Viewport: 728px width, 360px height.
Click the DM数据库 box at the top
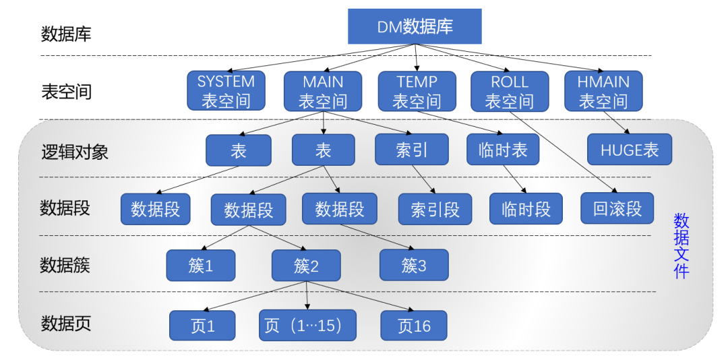(x=415, y=26)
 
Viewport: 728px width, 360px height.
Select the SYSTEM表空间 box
(x=226, y=91)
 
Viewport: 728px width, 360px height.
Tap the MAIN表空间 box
(x=322, y=91)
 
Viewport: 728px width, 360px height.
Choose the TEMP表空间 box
(x=417, y=91)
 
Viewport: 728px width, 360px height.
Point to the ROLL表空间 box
(x=510, y=91)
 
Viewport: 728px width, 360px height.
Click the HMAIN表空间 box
(x=603, y=91)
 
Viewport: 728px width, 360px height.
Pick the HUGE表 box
(x=630, y=150)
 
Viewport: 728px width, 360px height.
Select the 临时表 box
(x=503, y=150)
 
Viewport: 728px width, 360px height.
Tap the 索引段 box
(x=435, y=209)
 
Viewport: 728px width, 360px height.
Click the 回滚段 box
(x=617, y=208)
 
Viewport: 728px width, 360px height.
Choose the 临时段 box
(x=526, y=209)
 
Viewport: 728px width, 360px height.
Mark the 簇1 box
(x=201, y=266)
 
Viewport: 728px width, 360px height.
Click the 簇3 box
(x=414, y=266)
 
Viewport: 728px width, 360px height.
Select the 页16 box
(x=414, y=326)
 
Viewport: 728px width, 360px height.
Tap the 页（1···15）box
(x=307, y=326)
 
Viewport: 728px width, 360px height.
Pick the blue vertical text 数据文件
(x=681, y=246)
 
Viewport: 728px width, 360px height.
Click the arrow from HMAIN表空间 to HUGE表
(x=617, y=123)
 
